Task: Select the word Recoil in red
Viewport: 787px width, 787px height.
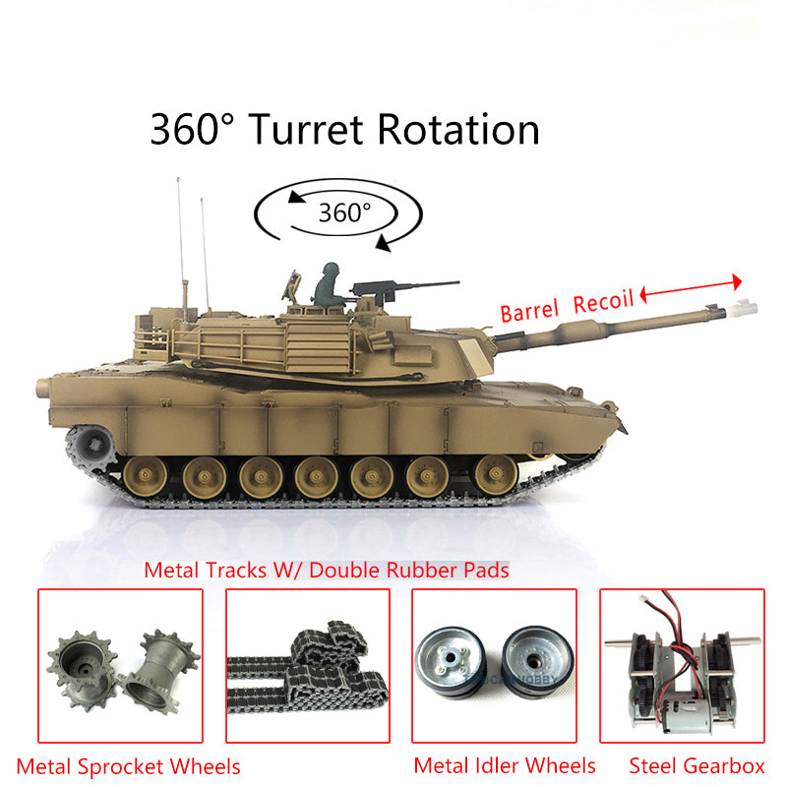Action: pyautogui.click(x=603, y=302)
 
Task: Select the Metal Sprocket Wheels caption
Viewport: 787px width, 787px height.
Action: pyautogui.click(x=128, y=765)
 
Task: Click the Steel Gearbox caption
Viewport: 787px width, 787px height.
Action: pyautogui.click(x=696, y=765)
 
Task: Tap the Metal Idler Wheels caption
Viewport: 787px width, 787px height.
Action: pyautogui.click(x=505, y=765)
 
